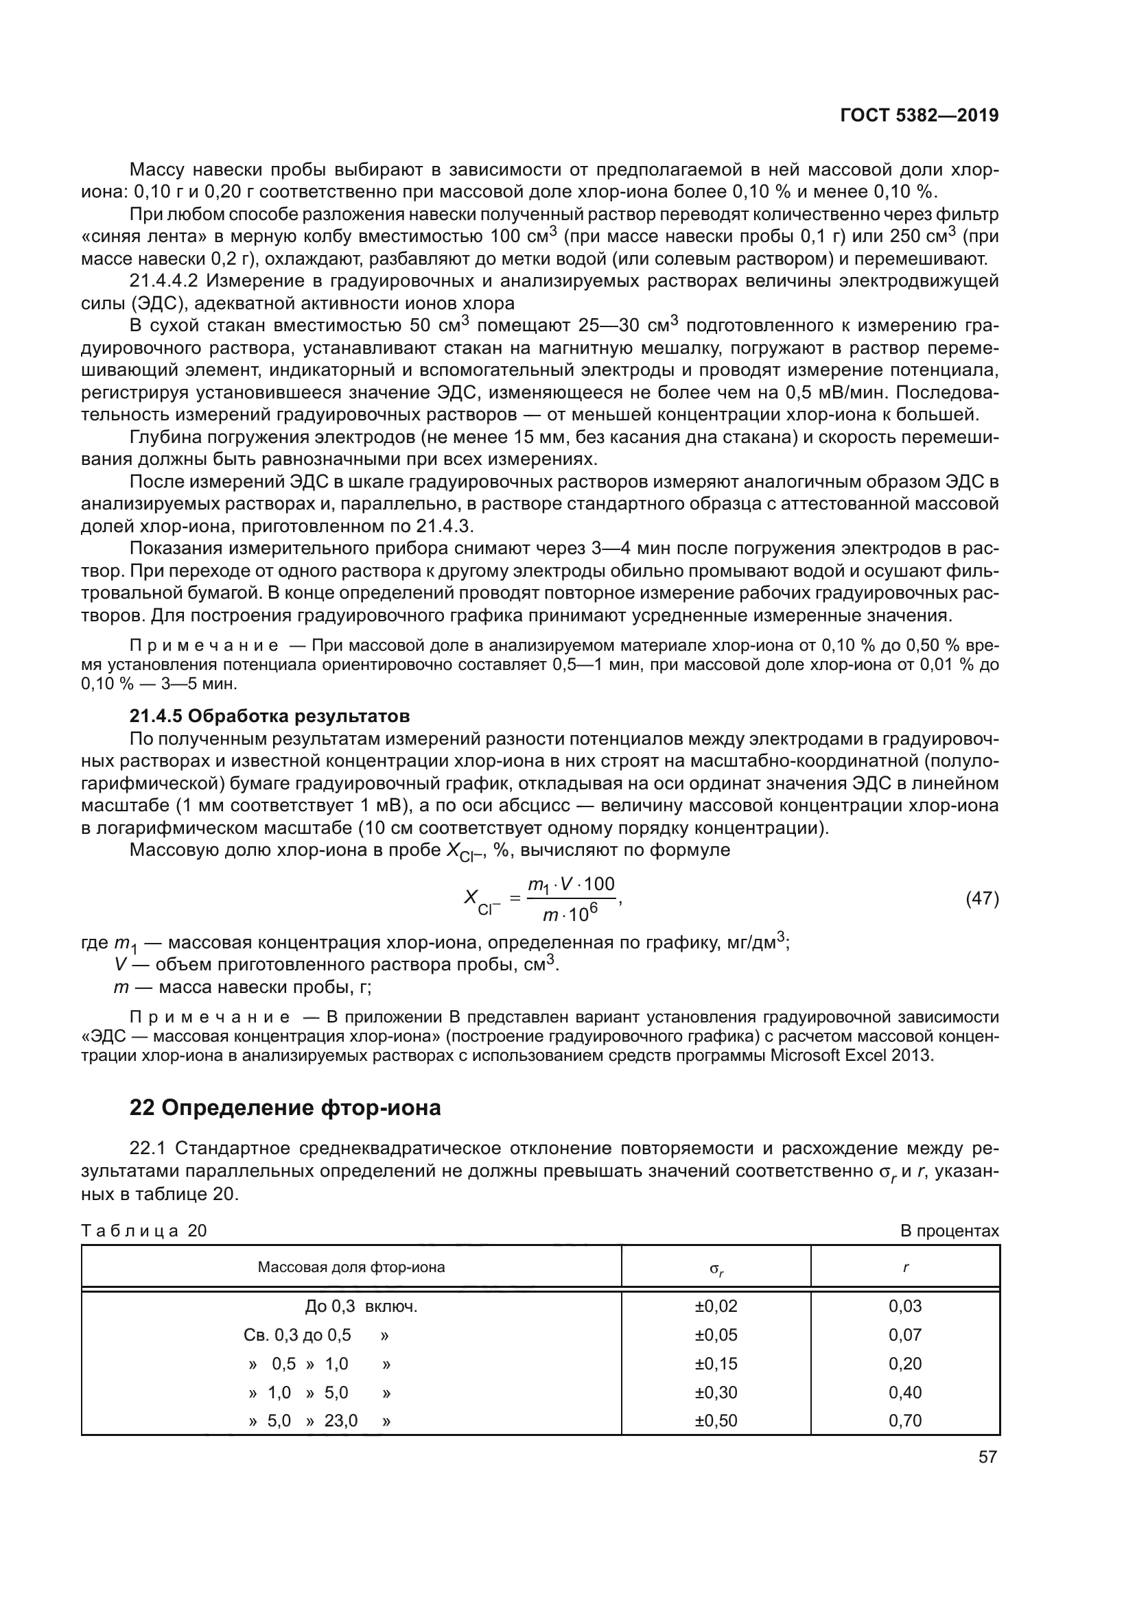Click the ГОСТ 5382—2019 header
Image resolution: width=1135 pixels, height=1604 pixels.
(x=919, y=115)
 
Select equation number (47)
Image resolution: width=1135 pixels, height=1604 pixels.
(x=982, y=898)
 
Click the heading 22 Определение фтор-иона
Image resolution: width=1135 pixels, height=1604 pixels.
(x=285, y=1108)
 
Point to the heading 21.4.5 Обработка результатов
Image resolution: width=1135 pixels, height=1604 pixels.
(x=270, y=716)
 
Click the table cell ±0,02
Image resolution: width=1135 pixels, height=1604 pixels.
(x=716, y=1306)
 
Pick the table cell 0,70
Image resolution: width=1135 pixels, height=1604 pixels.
(x=905, y=1420)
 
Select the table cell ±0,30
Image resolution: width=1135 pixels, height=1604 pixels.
(x=716, y=1391)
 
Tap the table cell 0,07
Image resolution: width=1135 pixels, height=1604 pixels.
(x=905, y=1334)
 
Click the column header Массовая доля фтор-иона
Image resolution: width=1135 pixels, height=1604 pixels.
(x=351, y=1267)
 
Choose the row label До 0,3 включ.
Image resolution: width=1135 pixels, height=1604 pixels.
(x=361, y=1306)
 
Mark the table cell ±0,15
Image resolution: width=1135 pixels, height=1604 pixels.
(x=716, y=1363)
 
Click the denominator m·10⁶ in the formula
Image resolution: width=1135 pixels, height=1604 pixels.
(x=570, y=913)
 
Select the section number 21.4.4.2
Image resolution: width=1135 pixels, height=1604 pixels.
(x=161, y=282)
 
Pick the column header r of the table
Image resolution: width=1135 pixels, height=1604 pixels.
(x=905, y=1267)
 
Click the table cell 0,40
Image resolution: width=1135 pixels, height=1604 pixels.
(x=905, y=1391)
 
